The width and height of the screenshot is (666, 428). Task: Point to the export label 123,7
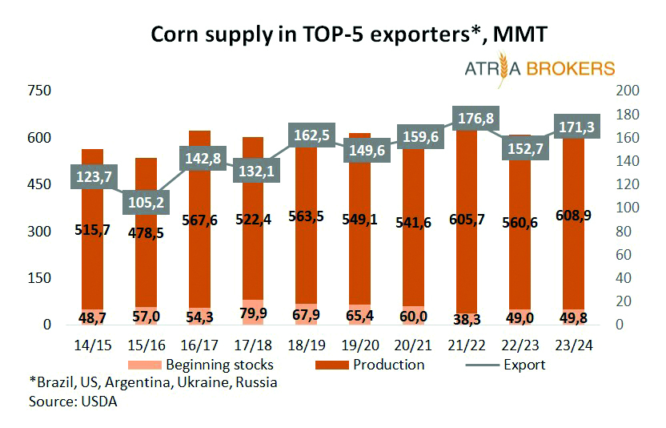(93, 175)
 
